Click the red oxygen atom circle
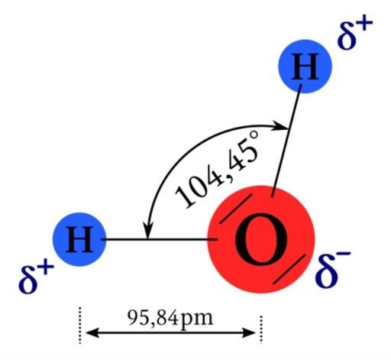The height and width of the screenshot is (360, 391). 261,239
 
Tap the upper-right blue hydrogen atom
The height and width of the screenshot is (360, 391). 305,66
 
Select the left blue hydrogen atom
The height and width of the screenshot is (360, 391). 79,239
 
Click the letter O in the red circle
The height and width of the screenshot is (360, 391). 261,239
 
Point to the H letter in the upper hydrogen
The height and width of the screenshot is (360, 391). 305,66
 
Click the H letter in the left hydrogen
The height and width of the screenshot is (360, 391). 79,240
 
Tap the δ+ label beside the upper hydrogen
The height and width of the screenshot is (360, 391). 354,33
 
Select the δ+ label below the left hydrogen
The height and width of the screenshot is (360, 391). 37,277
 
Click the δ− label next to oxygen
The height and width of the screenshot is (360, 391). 333,270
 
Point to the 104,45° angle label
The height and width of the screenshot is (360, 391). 218,169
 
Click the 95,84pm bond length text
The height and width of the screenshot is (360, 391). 170,318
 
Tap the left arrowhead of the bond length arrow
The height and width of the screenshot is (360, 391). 92,332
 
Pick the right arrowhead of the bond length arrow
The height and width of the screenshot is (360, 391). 249,332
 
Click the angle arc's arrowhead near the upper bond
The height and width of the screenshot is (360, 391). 280,126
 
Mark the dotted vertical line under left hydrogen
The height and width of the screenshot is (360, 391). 80,326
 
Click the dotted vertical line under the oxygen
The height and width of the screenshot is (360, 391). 261,329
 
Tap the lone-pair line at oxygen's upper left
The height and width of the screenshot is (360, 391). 236,209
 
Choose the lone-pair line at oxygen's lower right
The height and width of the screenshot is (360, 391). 289,269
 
